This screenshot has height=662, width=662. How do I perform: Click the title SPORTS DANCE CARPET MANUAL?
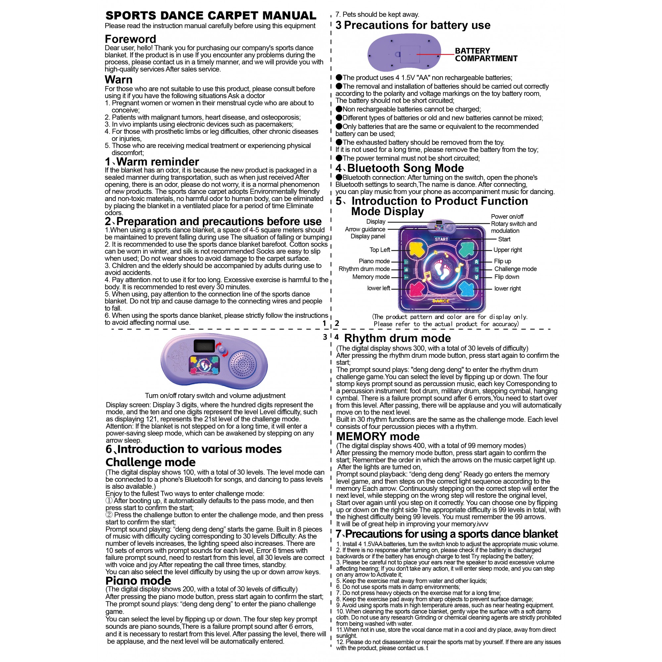tap(211, 16)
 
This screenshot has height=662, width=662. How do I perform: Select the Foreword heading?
tap(130, 39)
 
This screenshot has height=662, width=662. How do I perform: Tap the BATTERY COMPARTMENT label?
tap(486, 55)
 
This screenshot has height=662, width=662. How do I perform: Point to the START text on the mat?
tap(441, 239)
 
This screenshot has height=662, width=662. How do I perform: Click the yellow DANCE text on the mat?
tap(441, 301)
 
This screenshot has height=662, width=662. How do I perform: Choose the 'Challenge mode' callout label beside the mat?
tap(515, 269)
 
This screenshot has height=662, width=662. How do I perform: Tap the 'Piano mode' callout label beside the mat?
tap(374, 261)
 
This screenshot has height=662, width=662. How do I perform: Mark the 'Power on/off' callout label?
tap(507, 216)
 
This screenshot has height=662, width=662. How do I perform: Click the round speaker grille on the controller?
tap(243, 364)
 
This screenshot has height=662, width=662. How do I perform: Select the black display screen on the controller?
tap(204, 346)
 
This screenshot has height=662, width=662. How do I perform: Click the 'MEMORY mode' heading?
tap(378, 437)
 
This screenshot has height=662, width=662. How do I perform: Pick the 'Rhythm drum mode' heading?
tap(398, 338)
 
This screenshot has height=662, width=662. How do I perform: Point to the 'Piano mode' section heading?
tap(138, 581)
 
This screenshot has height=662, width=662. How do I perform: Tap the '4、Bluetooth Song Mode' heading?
tap(400, 168)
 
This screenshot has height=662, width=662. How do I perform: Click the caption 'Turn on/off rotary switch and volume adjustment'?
tap(215, 396)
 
